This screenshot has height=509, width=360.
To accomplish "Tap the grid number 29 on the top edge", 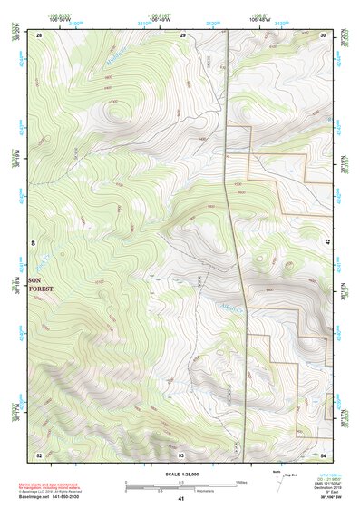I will [x=182, y=34].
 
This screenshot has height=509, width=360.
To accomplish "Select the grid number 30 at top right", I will [x=324, y=34].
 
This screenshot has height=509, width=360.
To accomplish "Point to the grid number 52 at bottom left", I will [x=39, y=454].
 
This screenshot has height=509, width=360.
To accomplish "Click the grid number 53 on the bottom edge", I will [x=181, y=454].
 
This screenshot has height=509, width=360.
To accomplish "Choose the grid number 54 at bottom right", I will [x=324, y=454].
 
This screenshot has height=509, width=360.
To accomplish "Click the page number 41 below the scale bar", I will [x=181, y=499].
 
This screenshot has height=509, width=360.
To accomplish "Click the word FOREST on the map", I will [x=41, y=289].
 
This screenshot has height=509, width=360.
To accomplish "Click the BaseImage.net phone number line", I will [x=61, y=495].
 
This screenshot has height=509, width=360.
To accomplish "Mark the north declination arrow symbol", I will [x=274, y=476].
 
